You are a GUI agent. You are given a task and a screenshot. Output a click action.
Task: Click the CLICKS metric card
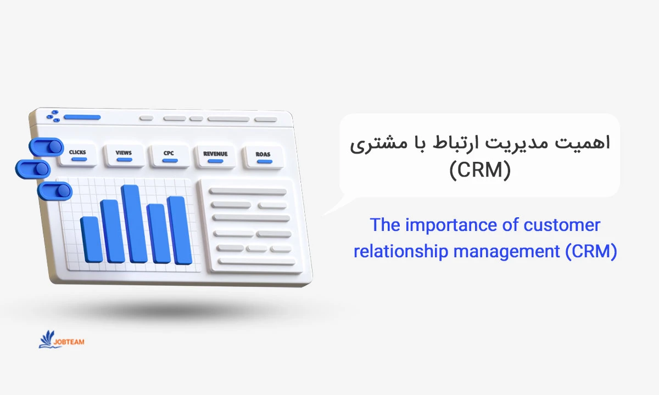[x=77, y=155]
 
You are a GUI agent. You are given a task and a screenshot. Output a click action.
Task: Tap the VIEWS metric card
[x=124, y=155]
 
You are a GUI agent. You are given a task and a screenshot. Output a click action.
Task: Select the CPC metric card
[x=169, y=156]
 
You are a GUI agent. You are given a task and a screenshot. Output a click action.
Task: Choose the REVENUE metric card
[x=215, y=157]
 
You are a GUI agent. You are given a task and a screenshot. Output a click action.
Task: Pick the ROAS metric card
[x=263, y=157]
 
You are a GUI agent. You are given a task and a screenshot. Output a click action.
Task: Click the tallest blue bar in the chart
[x=134, y=224]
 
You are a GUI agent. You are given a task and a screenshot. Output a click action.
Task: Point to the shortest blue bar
[x=91, y=240]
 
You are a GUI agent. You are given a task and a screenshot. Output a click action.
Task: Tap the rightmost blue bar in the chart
[x=180, y=230]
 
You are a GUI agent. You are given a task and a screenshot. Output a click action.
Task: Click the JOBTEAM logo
[x=62, y=340]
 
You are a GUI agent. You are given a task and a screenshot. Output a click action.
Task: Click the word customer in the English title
[x=562, y=225]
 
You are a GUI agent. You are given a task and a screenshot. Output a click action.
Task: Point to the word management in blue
[x=506, y=252]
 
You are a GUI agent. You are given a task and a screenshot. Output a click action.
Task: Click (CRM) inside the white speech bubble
[x=480, y=170]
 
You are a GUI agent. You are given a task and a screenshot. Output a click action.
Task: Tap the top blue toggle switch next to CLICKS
[x=46, y=146]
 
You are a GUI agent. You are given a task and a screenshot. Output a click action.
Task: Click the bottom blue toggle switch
[x=55, y=191]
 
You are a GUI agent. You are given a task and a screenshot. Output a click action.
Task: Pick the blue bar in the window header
[x=82, y=117]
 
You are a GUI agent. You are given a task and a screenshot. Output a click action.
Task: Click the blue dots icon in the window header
[x=53, y=116]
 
